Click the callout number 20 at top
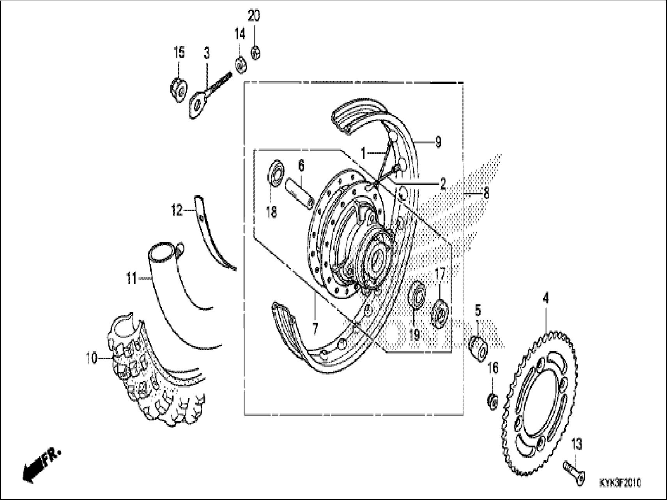pyautogui.click(x=254, y=16)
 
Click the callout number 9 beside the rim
pyautogui.click(x=438, y=143)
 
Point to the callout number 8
pyautogui.click(x=486, y=193)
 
